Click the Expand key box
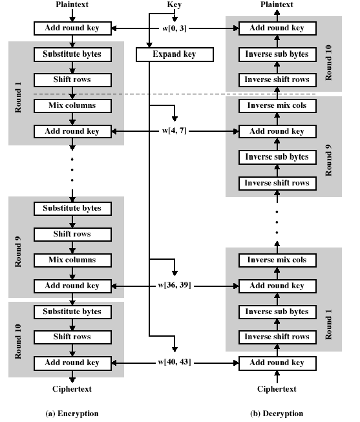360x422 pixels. click(x=175, y=54)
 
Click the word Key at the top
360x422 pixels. click(x=175, y=5)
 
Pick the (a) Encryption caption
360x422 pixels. click(x=72, y=414)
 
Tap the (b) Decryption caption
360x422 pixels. click(x=277, y=414)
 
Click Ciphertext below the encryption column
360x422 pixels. click(x=72, y=389)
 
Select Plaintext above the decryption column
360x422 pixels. click(x=277, y=5)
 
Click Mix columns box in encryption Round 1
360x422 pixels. click(x=72, y=106)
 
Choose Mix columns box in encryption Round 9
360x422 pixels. click(x=72, y=260)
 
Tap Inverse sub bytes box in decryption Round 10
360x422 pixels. click(x=277, y=54)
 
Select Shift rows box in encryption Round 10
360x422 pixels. click(x=72, y=337)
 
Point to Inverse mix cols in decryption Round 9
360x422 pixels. click(x=277, y=106)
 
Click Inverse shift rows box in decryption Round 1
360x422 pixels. click(x=277, y=337)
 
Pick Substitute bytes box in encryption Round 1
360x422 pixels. click(x=72, y=54)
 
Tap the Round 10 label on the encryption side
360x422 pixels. click(x=18, y=341)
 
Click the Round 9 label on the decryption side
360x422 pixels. click(x=328, y=160)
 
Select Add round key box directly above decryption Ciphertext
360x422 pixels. click(x=277, y=363)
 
